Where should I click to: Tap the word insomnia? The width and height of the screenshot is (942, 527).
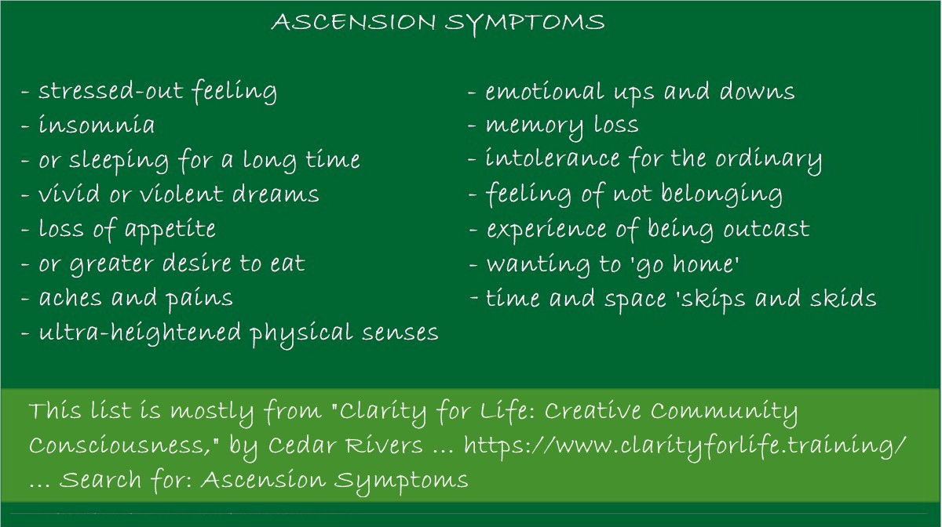click(x=97, y=125)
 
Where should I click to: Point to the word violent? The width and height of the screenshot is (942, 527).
click(x=173, y=194)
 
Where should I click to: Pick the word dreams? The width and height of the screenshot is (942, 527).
click(x=279, y=194)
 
